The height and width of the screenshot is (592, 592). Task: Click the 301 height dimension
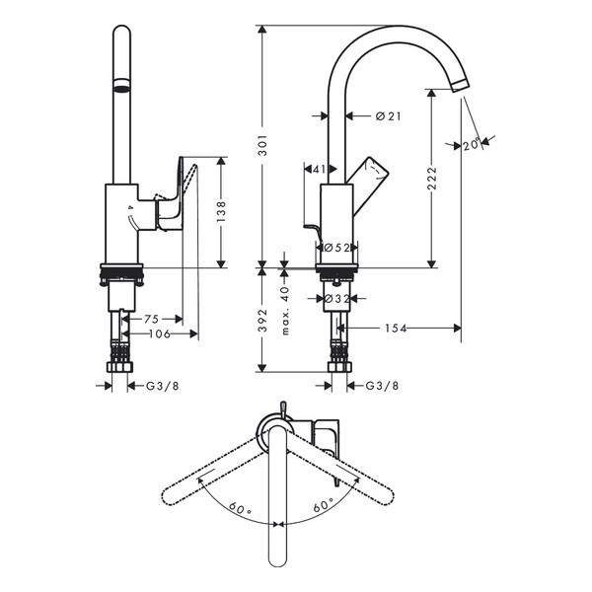pos(263,145)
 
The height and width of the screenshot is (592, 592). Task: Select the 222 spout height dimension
pos(433,179)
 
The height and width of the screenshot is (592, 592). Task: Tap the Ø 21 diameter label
pos(388,116)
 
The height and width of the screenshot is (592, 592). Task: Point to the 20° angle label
pos(472,145)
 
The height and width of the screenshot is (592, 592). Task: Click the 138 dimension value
pos(221,211)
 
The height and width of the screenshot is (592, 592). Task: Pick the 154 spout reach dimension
pos(396,329)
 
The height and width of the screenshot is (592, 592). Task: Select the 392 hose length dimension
pos(262,320)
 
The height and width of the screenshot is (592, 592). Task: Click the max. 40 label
pos(285,310)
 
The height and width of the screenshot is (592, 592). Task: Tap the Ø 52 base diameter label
pos(337,248)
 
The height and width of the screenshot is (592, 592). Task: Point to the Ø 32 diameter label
pos(337,299)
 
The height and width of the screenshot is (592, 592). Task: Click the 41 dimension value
pos(320,169)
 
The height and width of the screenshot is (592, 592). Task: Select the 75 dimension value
pos(152,320)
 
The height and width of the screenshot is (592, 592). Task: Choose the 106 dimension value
pos(160,333)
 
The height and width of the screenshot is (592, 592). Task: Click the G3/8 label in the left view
pos(163,386)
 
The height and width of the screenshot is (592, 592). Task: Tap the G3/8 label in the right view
pos(382,386)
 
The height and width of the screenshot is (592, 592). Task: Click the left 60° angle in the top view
pos(240,507)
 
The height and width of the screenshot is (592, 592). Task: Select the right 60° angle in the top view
pos(324,505)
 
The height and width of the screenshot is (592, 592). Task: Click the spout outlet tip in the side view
pos(460,85)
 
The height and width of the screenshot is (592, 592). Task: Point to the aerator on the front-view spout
pos(122,85)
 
